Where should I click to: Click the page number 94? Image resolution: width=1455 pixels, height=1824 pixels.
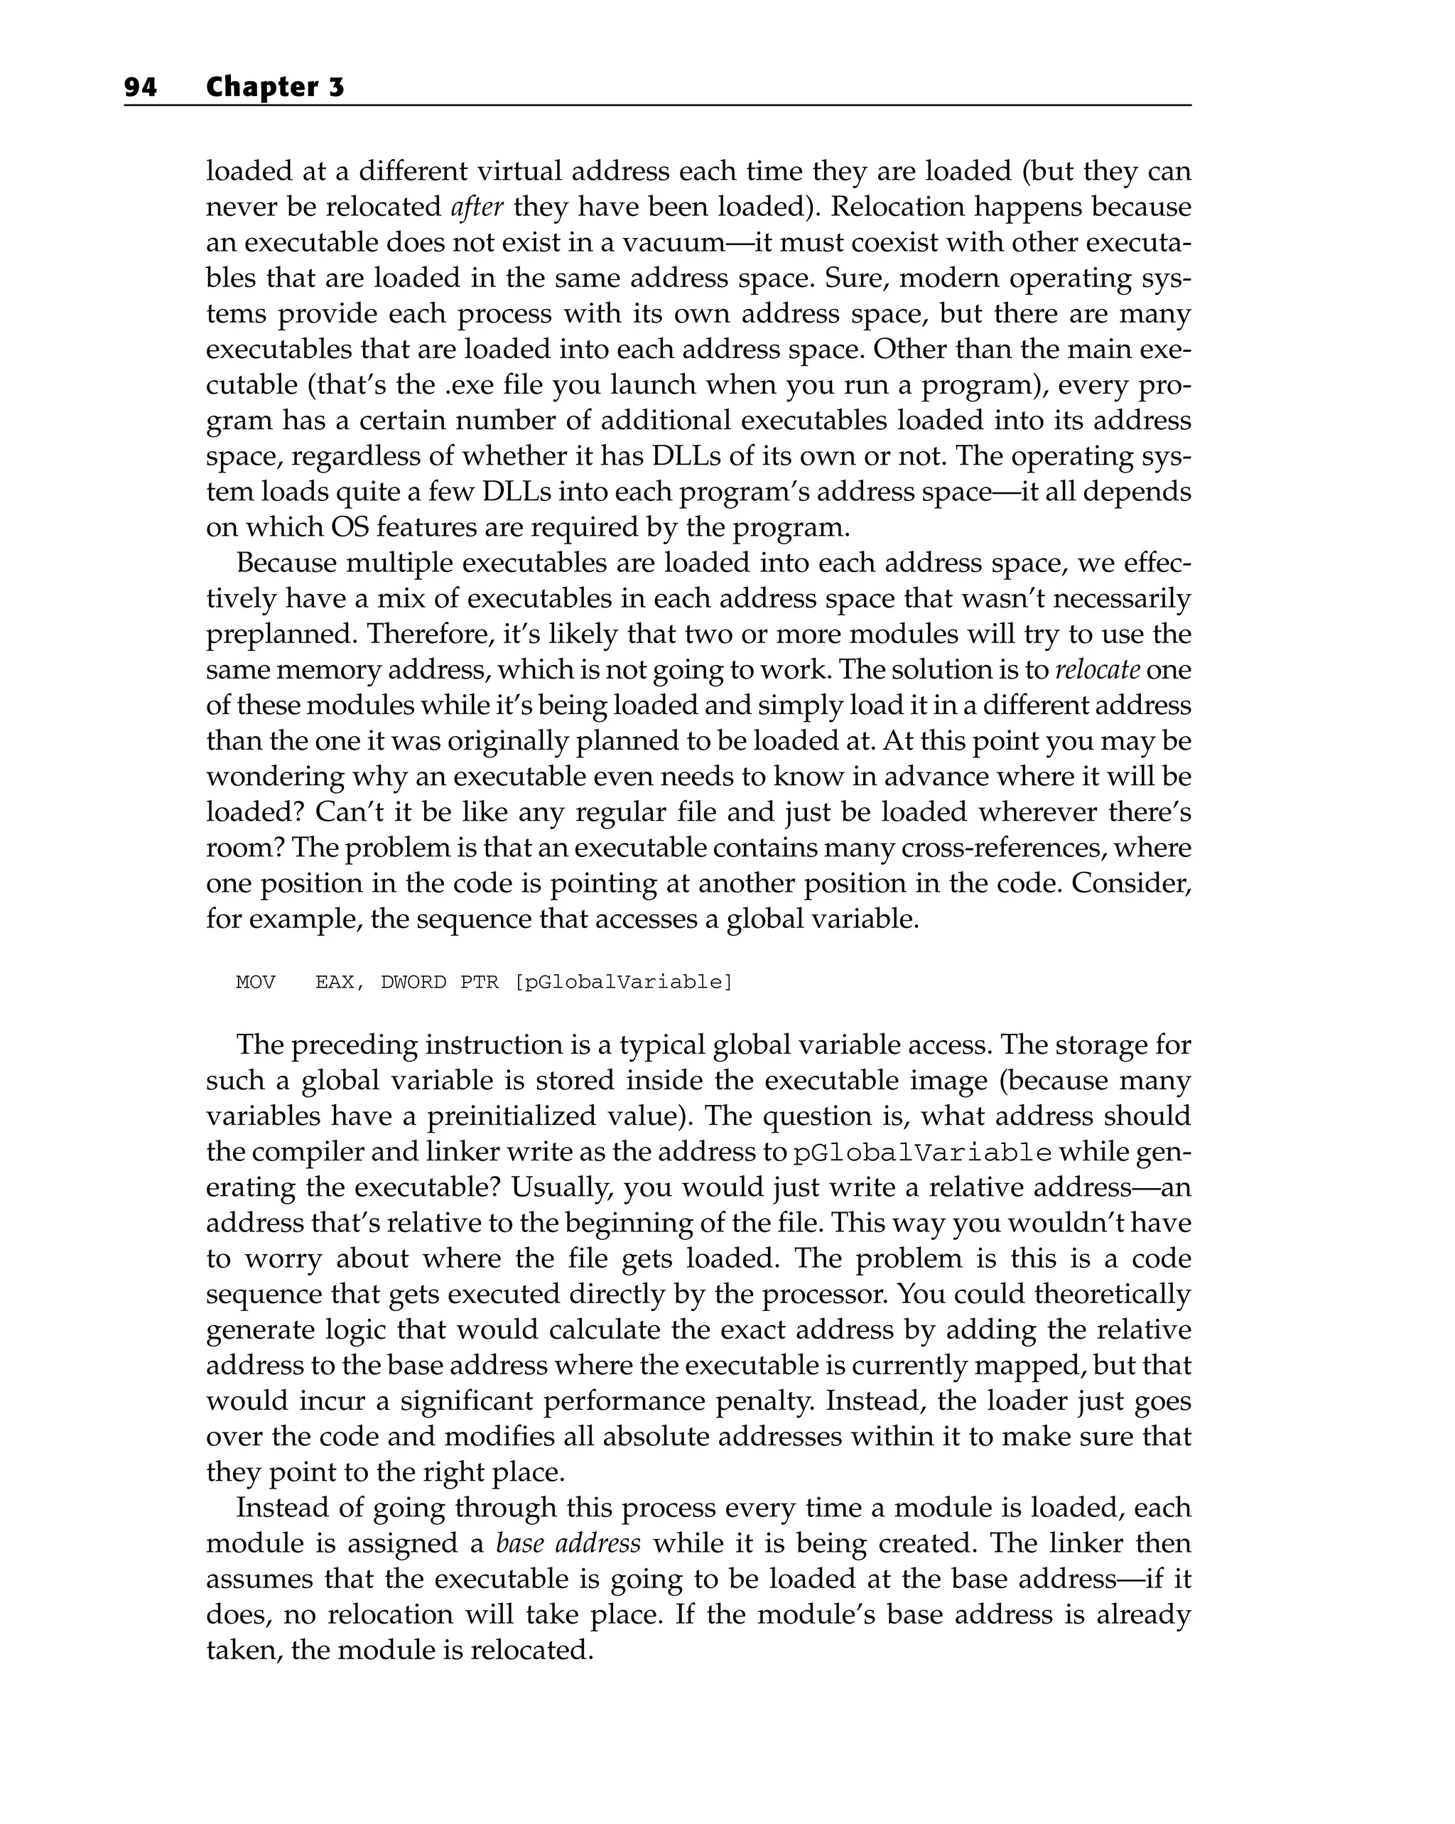[x=141, y=87]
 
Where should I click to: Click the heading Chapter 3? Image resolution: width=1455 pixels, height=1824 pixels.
[x=275, y=87]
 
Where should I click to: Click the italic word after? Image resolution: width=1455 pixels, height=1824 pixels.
[x=477, y=207]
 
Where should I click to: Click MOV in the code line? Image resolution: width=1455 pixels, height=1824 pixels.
[x=256, y=982]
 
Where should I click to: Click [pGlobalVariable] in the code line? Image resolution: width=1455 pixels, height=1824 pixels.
[x=624, y=982]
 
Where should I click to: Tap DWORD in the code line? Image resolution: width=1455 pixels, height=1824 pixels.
[x=413, y=982]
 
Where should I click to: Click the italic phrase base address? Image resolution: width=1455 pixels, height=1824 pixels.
[x=568, y=1544]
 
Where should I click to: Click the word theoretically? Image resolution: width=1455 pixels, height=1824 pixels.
[x=1113, y=1295]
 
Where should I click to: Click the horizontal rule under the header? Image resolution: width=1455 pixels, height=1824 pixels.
[x=657, y=106]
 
